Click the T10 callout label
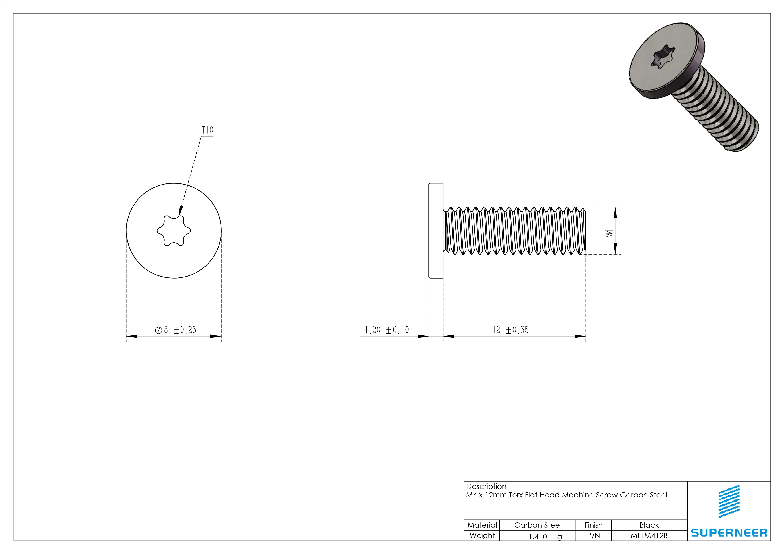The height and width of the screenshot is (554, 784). coord(207,130)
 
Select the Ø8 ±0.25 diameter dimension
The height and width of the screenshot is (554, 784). coord(175,330)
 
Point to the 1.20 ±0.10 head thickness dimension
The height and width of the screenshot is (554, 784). coord(387,330)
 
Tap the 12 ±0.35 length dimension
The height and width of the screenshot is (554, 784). coord(510,330)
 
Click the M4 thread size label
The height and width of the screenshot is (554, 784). coord(609,233)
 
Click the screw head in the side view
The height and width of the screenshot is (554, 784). coord(436,231)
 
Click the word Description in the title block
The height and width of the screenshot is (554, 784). coord(486,486)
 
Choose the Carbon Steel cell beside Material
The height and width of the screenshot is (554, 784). coord(537,525)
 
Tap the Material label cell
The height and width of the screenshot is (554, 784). coord(482,525)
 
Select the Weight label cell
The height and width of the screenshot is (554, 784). coord(482,535)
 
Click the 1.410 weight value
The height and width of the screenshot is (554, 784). coord(538,537)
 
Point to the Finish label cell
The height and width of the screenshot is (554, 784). coord(593,525)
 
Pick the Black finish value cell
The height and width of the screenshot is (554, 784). coord(649,525)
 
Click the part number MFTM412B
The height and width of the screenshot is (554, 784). coord(649,535)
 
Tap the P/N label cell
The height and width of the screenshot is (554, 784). coord(593,535)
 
